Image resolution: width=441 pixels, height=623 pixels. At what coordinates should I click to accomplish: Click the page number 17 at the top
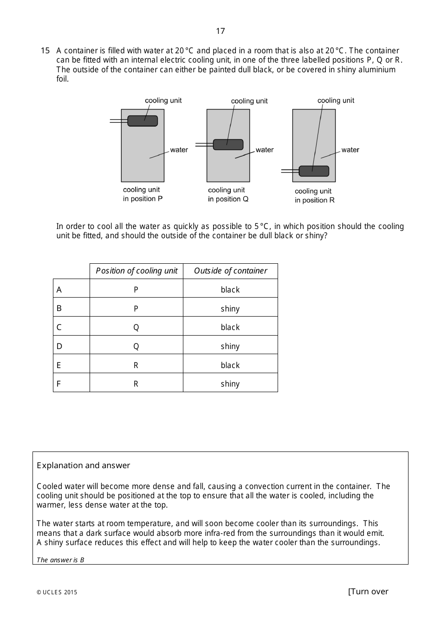click(x=220, y=31)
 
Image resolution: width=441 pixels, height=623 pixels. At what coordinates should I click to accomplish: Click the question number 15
click(x=45, y=51)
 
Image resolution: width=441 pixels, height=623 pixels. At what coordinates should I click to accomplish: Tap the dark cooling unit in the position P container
click(x=143, y=121)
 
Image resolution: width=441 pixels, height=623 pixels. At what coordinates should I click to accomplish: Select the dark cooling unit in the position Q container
click(x=228, y=145)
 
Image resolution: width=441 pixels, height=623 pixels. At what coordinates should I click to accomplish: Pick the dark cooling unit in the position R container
click(x=314, y=171)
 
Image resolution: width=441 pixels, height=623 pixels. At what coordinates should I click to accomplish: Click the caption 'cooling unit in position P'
click(x=143, y=194)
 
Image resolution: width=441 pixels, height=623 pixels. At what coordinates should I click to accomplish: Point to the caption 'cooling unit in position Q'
click(x=228, y=195)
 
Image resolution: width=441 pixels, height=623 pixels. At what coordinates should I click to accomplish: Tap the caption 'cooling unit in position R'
click(x=314, y=196)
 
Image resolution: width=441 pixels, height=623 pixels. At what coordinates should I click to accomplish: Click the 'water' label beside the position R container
click(x=350, y=150)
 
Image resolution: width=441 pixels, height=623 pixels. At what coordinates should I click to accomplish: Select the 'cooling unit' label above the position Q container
click(x=249, y=101)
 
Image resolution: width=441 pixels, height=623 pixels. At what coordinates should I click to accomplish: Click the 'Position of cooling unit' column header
click(x=136, y=271)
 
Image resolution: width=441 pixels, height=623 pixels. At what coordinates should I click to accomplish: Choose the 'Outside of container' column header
click(x=230, y=271)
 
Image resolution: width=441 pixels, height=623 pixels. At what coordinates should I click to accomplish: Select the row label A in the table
click(x=59, y=290)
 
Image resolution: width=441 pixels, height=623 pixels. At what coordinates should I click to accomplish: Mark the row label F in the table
click(x=58, y=384)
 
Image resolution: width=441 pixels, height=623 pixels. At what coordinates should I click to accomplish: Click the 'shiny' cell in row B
click(x=230, y=309)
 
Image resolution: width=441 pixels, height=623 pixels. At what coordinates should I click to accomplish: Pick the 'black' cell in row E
click(x=230, y=365)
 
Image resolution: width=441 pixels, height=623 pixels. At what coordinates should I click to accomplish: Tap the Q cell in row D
click(x=136, y=346)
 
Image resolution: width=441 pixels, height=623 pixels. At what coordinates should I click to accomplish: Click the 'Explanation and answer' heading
click(x=84, y=465)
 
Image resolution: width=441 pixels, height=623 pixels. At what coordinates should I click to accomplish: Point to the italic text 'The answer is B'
click(x=60, y=559)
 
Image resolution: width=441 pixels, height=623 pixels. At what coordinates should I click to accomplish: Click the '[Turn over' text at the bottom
click(x=368, y=591)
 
